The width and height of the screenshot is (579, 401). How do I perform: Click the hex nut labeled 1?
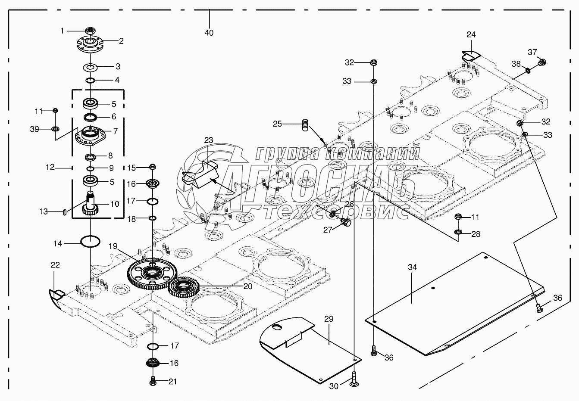pyautogui.click(x=90, y=31)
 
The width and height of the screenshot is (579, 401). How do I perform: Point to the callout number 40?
pyautogui.click(x=209, y=33)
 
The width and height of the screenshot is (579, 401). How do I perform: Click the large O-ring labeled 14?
pyautogui.click(x=91, y=241)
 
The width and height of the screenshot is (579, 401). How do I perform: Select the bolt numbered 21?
pyautogui.click(x=153, y=381)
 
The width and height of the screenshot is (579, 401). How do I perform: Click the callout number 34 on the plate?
pyautogui.click(x=413, y=267)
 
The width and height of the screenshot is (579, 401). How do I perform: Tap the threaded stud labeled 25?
pyautogui.click(x=305, y=125)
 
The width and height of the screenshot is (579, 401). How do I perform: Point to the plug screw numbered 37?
pyautogui.click(x=542, y=63)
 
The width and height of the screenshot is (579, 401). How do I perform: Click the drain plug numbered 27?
pyautogui.click(x=345, y=222)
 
